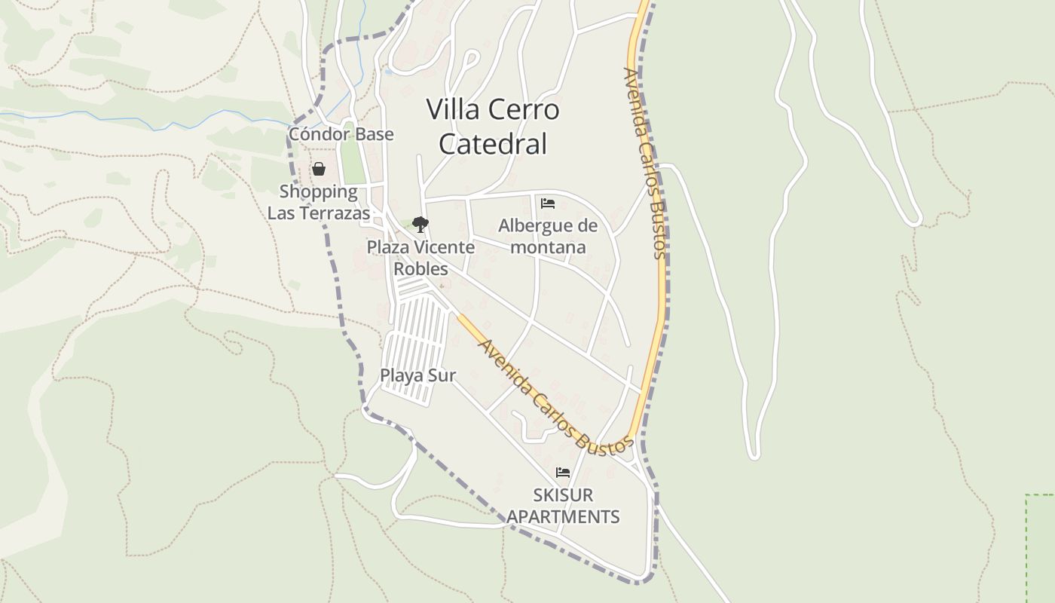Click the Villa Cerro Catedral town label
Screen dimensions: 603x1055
[x=493, y=126]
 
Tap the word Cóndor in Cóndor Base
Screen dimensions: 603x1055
[x=314, y=134]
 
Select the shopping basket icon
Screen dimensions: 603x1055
[x=319, y=168]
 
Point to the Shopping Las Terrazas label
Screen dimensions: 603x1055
[x=319, y=202]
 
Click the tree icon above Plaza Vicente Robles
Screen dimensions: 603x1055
[x=420, y=224]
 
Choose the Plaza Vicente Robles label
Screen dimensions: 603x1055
[x=420, y=258]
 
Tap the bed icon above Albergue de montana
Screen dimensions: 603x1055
[x=548, y=204]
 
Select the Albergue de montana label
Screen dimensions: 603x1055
[x=548, y=236]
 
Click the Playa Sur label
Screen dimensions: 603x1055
[x=417, y=375]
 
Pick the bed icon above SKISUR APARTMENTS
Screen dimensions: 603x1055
[x=562, y=473]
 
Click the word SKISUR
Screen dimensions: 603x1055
[x=563, y=495]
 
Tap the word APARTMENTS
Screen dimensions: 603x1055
[x=563, y=517]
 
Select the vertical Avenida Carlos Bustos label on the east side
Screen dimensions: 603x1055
[x=645, y=162]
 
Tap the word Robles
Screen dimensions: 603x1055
[x=420, y=269]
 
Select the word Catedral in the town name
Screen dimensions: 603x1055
[x=493, y=144]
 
